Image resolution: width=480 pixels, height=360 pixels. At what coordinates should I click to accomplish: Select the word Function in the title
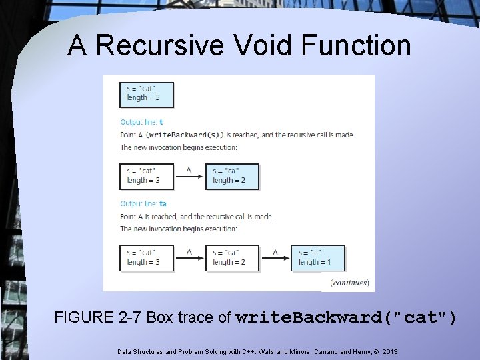[x=354, y=45]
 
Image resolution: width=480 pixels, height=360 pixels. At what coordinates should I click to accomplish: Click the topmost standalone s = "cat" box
[x=147, y=94]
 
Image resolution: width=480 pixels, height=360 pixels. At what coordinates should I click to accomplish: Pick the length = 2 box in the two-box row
[x=231, y=175]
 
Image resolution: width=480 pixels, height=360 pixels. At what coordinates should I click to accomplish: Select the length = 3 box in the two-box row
[x=147, y=175]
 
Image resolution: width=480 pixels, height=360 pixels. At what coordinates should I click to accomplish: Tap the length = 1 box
[x=318, y=257]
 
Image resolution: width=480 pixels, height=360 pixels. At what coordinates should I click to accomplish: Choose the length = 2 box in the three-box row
[x=231, y=257]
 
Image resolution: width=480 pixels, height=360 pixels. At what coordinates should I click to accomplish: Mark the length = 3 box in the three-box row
[x=147, y=257]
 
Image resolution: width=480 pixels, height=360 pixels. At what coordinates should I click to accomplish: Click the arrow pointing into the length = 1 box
[x=275, y=256]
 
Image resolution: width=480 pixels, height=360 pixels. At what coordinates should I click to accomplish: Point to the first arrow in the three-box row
[x=189, y=256]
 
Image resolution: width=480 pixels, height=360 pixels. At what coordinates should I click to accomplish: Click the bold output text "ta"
[x=163, y=204]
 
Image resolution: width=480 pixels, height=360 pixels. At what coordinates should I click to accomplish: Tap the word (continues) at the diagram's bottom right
[x=349, y=283]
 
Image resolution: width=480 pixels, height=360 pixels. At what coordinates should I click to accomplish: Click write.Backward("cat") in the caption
[x=347, y=317]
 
